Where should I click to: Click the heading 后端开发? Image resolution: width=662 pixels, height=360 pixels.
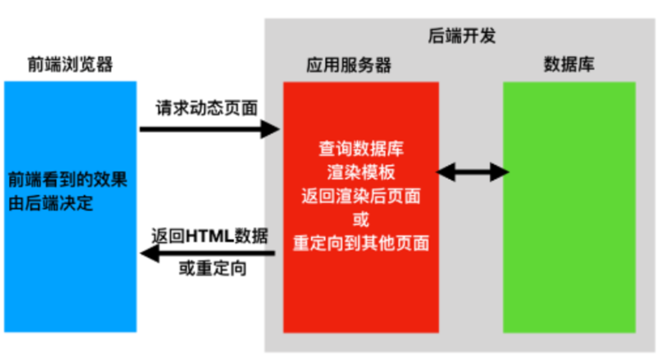(x=462, y=36)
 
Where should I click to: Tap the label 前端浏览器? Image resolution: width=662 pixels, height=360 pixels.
(x=70, y=65)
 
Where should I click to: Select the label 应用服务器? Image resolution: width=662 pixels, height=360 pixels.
(x=348, y=65)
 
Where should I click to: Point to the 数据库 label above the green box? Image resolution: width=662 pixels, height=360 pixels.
(x=569, y=65)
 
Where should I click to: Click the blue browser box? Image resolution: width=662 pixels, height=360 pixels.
(x=70, y=207)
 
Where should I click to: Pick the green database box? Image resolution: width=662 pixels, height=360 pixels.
(x=569, y=207)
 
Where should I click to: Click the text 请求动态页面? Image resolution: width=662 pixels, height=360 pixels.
(x=207, y=108)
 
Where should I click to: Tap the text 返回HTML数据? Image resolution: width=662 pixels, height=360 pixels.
(x=210, y=236)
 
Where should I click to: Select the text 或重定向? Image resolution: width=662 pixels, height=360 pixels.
(x=213, y=268)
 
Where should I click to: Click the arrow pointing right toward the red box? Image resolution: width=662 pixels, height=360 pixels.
(x=210, y=129)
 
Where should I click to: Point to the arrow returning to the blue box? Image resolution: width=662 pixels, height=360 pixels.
(x=208, y=253)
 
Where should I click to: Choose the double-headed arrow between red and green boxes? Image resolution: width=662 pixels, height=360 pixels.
(x=473, y=172)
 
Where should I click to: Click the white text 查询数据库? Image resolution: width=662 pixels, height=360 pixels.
(x=361, y=149)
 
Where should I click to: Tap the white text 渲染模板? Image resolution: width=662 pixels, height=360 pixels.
(x=361, y=172)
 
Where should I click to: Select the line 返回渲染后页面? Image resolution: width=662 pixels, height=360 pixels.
(x=361, y=196)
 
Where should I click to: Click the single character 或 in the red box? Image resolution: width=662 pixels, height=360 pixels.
(x=361, y=220)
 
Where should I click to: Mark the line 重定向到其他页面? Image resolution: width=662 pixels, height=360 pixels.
(x=361, y=243)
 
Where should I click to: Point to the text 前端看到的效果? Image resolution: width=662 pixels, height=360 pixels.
(x=67, y=180)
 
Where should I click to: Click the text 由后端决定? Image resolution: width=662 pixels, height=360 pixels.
(x=50, y=204)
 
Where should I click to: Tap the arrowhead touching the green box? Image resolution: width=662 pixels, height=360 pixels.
(x=500, y=172)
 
